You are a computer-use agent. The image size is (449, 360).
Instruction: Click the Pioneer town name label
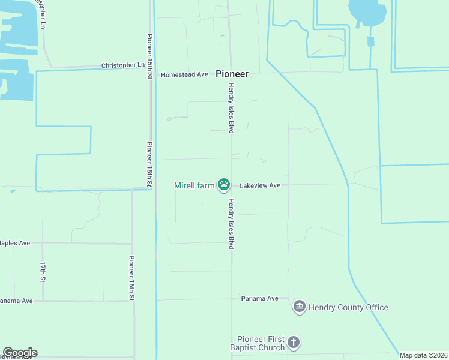coord(232,74)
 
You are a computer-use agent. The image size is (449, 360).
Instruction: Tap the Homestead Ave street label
coord(184,74)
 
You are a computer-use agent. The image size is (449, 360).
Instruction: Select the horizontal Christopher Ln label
coord(122,65)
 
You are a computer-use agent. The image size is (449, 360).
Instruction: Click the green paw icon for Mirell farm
coord(224,185)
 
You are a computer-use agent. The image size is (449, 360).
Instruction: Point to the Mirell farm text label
coord(194,185)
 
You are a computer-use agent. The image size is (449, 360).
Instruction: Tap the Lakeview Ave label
coord(260,185)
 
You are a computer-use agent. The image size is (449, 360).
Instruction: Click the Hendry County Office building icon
coord(299,307)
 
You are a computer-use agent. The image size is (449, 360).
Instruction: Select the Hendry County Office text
coord(348,307)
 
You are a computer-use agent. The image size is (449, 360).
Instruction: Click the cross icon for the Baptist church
coord(293,343)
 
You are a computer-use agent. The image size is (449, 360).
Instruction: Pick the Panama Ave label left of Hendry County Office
coord(260,298)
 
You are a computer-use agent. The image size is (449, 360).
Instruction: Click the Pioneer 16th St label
coord(132,277)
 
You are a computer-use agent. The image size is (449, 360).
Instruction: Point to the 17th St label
coord(43,272)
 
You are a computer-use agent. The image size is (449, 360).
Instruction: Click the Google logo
coord(20,353)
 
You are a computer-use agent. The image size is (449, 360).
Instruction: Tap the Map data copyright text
coord(424,355)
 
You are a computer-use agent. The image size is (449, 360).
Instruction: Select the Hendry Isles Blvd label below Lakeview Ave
coord(231,223)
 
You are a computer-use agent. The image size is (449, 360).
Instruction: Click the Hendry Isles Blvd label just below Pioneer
coord(230,108)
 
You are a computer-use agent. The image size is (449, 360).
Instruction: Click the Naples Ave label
coord(14,243)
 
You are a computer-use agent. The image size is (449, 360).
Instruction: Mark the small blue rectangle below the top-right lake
coord(370,41)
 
